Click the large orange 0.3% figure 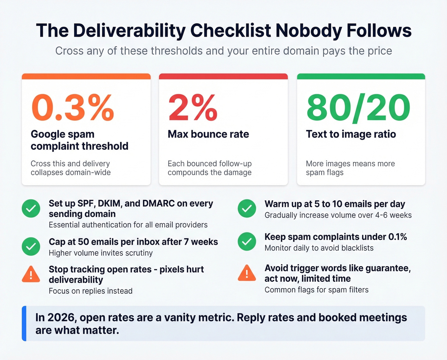pos(73,108)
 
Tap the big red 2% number pos(193,108)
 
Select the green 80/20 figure pos(358,108)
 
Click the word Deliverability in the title pos(129,31)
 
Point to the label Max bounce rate pos(208,134)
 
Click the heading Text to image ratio pos(351,134)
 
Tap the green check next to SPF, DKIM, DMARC pos(31,209)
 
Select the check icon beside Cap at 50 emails pos(31,246)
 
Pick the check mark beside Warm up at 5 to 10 pos(247,209)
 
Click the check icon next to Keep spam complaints pos(247,241)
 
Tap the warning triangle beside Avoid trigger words pos(247,273)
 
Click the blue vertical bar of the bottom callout pos(24,323)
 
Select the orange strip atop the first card pos(86,76)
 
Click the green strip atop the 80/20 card pos(361,76)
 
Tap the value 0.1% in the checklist pos(398,237)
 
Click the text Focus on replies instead pos(90,291)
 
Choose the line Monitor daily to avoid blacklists pos(319,248)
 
